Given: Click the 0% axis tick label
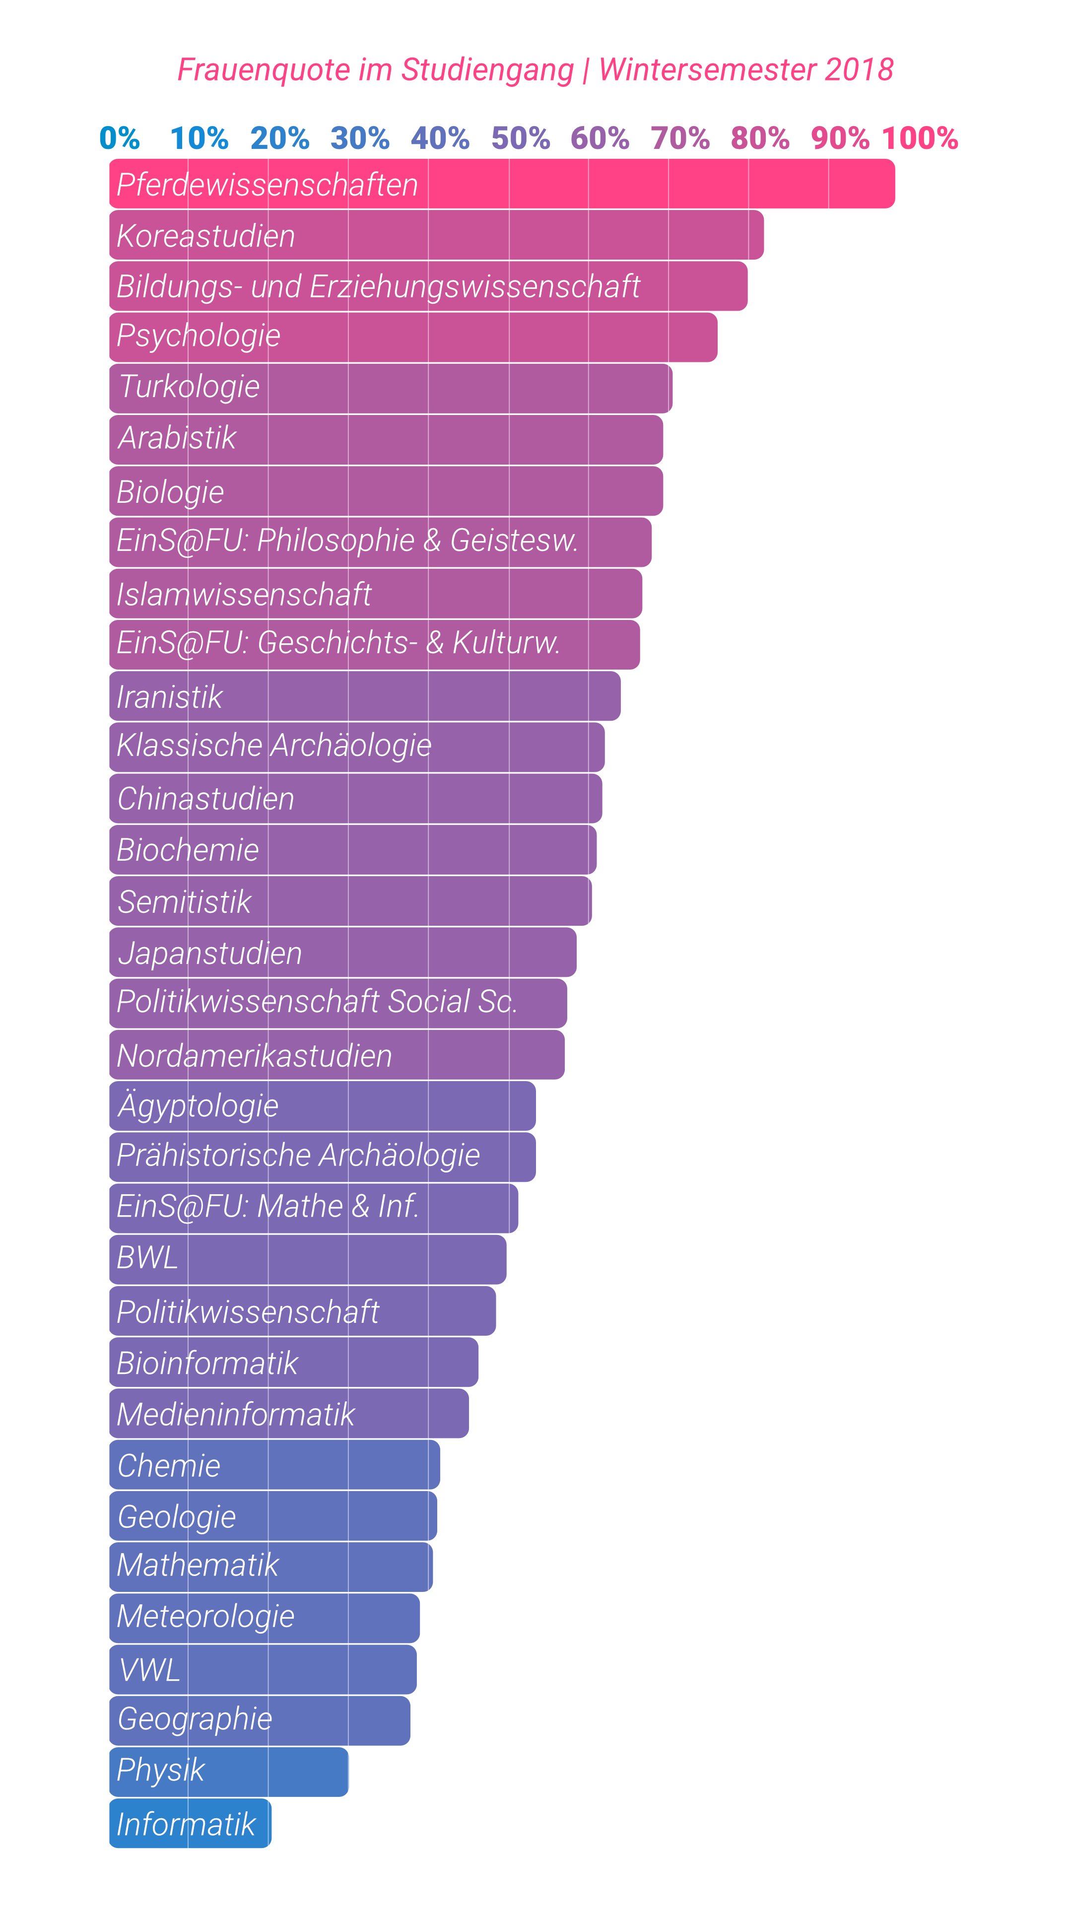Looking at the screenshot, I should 119,138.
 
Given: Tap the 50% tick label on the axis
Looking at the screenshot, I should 520,138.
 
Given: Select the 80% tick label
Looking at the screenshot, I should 760,138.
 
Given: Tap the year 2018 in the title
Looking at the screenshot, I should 859,70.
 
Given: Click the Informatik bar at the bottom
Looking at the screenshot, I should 190,1823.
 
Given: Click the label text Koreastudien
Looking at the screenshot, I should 205,236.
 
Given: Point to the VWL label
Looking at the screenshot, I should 150,1669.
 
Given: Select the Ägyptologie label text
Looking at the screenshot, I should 198,1105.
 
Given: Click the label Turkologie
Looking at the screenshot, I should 189,387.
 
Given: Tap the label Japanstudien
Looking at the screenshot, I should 210,953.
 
